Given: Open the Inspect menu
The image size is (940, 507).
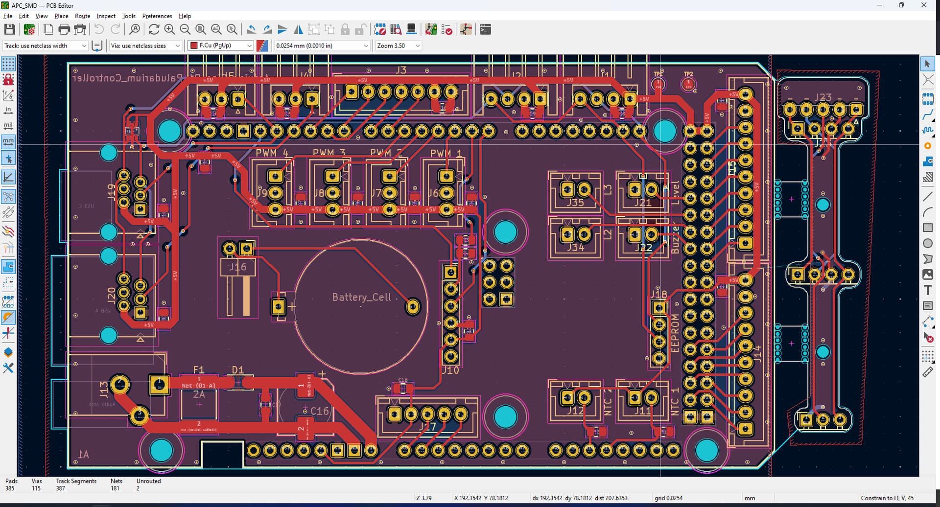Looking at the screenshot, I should (x=106, y=16).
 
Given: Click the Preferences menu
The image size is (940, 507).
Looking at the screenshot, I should (x=157, y=16).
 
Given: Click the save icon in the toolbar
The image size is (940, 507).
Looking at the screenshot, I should (x=9, y=29).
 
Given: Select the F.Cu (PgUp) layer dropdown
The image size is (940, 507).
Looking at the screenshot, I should (x=220, y=46).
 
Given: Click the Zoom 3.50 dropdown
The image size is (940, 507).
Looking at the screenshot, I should (x=398, y=46).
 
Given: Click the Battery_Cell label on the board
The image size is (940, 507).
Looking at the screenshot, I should (x=361, y=297).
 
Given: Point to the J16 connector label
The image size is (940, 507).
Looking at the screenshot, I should (x=238, y=267).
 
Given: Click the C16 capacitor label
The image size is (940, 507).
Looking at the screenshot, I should (x=320, y=411).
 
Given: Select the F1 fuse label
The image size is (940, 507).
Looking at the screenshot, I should (x=198, y=369).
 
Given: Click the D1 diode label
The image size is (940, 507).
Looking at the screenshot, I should (x=237, y=369).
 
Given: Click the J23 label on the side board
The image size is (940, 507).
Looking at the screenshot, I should (x=823, y=97).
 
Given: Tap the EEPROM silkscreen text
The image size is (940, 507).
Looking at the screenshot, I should (x=675, y=333).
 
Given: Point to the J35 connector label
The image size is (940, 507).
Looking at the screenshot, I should (x=575, y=202).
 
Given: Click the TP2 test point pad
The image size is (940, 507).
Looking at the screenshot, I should (x=688, y=85).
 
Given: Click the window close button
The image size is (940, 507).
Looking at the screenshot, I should (x=924, y=5).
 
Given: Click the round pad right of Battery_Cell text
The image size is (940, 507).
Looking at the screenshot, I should (x=413, y=307).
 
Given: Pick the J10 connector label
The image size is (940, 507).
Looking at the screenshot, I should (x=450, y=370).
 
